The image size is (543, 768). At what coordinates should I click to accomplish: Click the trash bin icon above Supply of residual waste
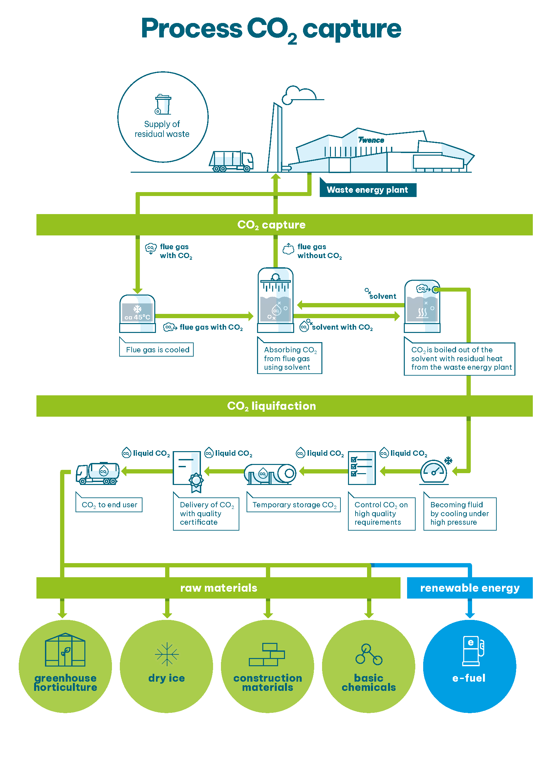[163, 104]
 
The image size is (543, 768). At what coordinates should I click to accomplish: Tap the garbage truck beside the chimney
[231, 161]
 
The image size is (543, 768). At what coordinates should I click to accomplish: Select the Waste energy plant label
[367, 190]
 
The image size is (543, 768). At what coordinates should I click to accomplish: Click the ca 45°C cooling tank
[138, 313]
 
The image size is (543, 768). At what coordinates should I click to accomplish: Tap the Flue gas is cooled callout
[158, 350]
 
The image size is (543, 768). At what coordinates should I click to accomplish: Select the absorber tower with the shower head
[275, 300]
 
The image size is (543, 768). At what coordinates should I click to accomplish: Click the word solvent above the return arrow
[382, 296]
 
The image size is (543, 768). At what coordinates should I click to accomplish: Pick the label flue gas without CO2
[319, 251]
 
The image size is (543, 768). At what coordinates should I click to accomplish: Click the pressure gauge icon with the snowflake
[434, 472]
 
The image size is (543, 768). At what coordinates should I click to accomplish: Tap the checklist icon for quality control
[361, 467]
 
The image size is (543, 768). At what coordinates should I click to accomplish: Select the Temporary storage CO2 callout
[294, 505]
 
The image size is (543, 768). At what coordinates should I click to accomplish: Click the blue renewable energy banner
[469, 588]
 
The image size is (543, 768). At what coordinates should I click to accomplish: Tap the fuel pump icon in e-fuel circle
[473, 650]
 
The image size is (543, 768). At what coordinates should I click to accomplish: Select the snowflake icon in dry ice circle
[166, 654]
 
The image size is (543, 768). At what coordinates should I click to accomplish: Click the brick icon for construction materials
[267, 654]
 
